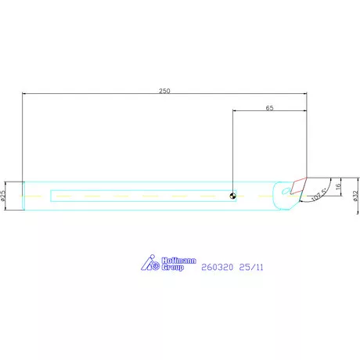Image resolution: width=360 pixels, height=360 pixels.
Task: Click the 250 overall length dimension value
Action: pyautogui.click(x=164, y=91)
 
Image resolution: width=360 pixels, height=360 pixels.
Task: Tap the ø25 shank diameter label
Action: pyautogui.click(x=5, y=195)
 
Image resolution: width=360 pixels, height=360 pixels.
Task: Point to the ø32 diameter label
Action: pyautogui.click(x=355, y=196)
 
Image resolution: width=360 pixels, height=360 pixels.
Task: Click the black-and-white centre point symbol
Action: pyautogui.click(x=233, y=196)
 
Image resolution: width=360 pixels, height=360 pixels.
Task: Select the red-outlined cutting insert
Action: pyautogui.click(x=298, y=185)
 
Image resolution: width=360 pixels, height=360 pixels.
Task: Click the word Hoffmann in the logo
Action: pyautogui.click(x=179, y=261)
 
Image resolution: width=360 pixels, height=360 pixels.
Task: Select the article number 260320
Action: pyautogui.click(x=217, y=267)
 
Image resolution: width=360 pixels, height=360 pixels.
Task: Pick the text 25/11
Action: pyautogui.click(x=251, y=267)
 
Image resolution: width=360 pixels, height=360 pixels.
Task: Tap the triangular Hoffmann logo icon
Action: pyautogui.click(x=151, y=264)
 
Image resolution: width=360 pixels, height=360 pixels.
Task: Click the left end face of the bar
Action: pyautogui.click(x=23, y=196)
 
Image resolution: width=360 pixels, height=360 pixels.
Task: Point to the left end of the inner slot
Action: pyautogui.click(x=52, y=196)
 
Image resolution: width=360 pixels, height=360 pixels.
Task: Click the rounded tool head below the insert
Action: pyautogui.click(x=285, y=205)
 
